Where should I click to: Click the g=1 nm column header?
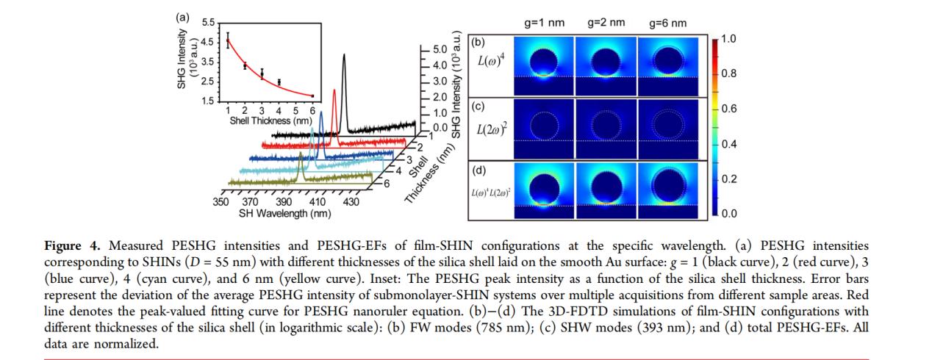pos(544,23)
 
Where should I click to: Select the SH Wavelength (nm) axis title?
pos(284,213)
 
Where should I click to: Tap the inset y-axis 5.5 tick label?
pos(207,25)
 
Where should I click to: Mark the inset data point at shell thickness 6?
pos(312,96)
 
